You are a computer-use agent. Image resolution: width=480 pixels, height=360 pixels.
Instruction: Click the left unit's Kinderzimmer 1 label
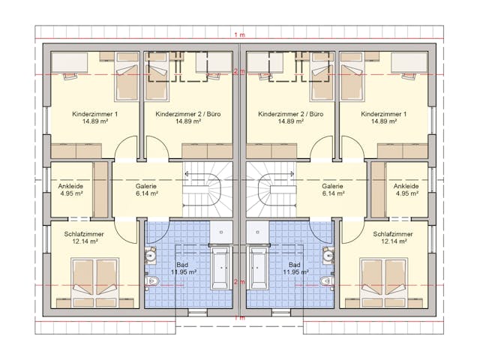tap(95, 114)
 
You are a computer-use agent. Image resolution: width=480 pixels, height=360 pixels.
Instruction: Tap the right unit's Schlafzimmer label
tap(393, 234)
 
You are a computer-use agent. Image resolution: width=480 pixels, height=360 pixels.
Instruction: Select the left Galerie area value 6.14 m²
tap(147, 193)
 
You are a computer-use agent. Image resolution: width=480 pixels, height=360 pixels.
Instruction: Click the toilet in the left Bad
tap(151, 280)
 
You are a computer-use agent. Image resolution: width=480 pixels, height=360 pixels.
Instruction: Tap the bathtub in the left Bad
tap(220, 268)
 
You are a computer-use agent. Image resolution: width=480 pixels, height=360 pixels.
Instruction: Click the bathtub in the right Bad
tap(259, 268)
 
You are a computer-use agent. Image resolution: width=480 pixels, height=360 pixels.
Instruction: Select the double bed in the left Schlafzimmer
tap(95, 278)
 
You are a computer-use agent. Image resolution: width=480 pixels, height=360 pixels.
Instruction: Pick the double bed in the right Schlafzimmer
tap(385, 278)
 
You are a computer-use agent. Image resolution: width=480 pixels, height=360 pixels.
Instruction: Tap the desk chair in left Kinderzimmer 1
tap(70, 75)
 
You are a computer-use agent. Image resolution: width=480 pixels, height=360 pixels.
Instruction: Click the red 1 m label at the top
tap(240, 35)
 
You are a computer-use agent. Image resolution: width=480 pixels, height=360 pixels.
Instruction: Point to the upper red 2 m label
tap(240, 72)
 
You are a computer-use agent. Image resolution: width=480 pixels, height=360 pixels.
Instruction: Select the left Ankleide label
tap(70, 186)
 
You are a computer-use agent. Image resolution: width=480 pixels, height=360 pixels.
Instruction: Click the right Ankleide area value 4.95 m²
tap(406, 193)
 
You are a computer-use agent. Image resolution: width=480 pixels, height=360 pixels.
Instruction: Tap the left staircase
tap(208, 190)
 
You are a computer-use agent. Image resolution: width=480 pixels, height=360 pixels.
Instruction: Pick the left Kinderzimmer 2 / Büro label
tap(188, 114)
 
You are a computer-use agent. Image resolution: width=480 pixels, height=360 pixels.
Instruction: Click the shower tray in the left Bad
tap(221, 232)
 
